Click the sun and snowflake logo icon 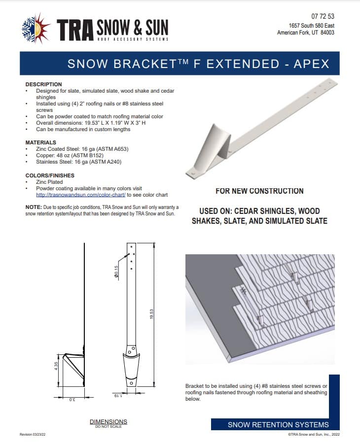(x=36, y=29)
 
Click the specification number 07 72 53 (x=323, y=16)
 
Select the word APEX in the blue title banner (x=311, y=64)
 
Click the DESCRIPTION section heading (x=43, y=84)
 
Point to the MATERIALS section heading (x=41, y=142)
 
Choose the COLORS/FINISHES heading (x=49, y=175)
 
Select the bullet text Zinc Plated (x=50, y=182)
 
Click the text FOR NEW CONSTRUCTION (x=259, y=191)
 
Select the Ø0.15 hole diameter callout (x=116, y=271)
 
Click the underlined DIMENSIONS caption (x=108, y=421)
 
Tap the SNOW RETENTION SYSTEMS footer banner (x=278, y=425)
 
